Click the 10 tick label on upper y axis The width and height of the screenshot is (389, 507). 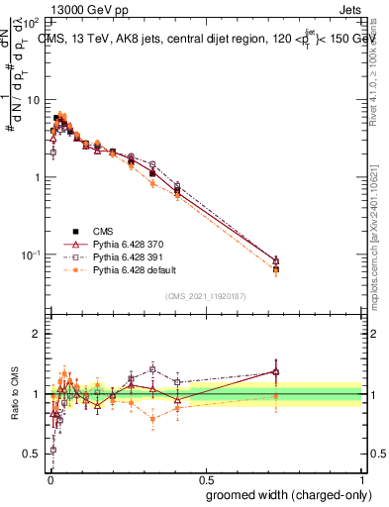(x=35, y=100)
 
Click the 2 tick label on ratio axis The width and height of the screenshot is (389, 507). (x=38, y=334)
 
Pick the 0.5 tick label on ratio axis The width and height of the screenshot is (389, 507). (x=34, y=454)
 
